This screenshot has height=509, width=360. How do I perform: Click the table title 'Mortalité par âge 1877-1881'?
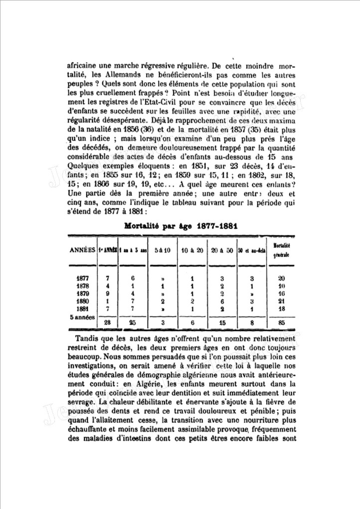(180, 226)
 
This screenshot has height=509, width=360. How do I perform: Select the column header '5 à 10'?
(163, 250)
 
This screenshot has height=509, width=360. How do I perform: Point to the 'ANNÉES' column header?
(82, 250)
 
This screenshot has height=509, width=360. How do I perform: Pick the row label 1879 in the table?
(83, 294)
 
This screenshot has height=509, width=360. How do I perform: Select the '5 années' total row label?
(81, 318)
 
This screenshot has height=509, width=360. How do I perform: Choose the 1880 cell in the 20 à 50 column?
(222, 302)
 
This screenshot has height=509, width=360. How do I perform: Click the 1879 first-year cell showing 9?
(108, 294)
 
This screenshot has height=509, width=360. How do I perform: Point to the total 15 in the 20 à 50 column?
(222, 323)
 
